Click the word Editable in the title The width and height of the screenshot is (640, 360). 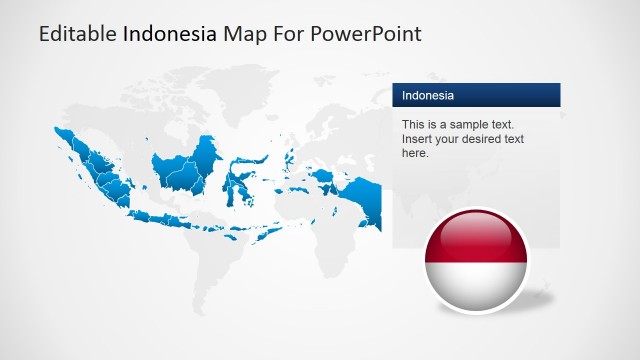tap(77, 34)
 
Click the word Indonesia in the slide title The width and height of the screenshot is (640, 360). tap(170, 34)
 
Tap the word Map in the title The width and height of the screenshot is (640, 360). tap(244, 34)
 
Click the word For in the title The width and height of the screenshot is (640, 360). tap(291, 34)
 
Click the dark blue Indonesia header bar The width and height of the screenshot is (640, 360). tap(475, 95)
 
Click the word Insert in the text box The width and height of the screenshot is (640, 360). tap(417, 139)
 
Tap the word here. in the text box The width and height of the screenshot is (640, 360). tap(415, 153)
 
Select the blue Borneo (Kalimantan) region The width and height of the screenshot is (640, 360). tap(185, 168)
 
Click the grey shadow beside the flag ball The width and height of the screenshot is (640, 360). tap(541, 295)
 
